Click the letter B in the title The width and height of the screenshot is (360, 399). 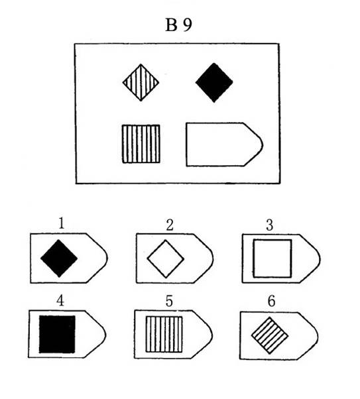click(x=171, y=25)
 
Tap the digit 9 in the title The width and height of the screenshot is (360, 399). click(x=188, y=25)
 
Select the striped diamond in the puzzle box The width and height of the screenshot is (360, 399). click(x=141, y=82)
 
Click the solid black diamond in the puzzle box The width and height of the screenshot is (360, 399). click(x=214, y=82)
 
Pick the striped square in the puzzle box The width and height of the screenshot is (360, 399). click(x=141, y=144)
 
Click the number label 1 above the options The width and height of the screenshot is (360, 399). click(x=62, y=223)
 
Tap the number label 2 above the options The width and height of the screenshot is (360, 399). click(x=170, y=225)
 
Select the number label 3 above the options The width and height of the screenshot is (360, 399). click(x=270, y=225)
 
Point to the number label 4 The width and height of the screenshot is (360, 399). click(x=60, y=301)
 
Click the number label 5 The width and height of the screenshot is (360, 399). click(x=169, y=301)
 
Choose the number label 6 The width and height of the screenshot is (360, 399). click(x=272, y=301)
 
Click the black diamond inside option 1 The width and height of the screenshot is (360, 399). click(x=59, y=258)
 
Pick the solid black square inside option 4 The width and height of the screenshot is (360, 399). click(x=57, y=334)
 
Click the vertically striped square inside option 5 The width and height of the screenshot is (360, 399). click(x=164, y=334)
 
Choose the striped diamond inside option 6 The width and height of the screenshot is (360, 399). click(x=270, y=335)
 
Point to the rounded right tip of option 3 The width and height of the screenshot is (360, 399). click(x=320, y=258)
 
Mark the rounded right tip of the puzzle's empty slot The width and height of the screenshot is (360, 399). click(x=263, y=145)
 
